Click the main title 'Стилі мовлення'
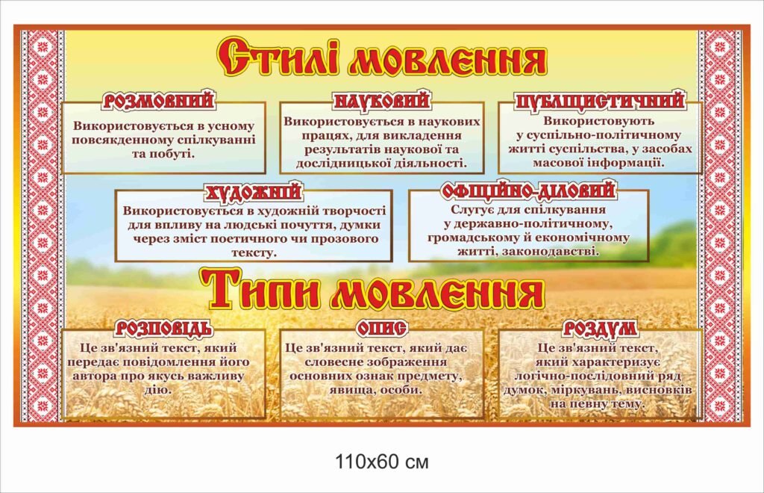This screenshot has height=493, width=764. coord(381,58)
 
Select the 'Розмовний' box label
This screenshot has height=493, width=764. coord(159,100)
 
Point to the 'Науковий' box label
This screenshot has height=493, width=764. coord(382,100)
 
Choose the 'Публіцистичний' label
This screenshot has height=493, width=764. coord(600,100)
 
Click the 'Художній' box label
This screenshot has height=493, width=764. coord(254,192)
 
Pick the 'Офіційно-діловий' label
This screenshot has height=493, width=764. coord(528,190)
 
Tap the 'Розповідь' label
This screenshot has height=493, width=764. coord(164,328)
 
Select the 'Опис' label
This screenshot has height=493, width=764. coord(381,328)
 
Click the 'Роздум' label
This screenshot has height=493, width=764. coord(599,328)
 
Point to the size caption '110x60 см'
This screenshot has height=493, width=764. coord(381,461)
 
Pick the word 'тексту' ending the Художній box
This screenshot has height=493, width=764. coord(254,252)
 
